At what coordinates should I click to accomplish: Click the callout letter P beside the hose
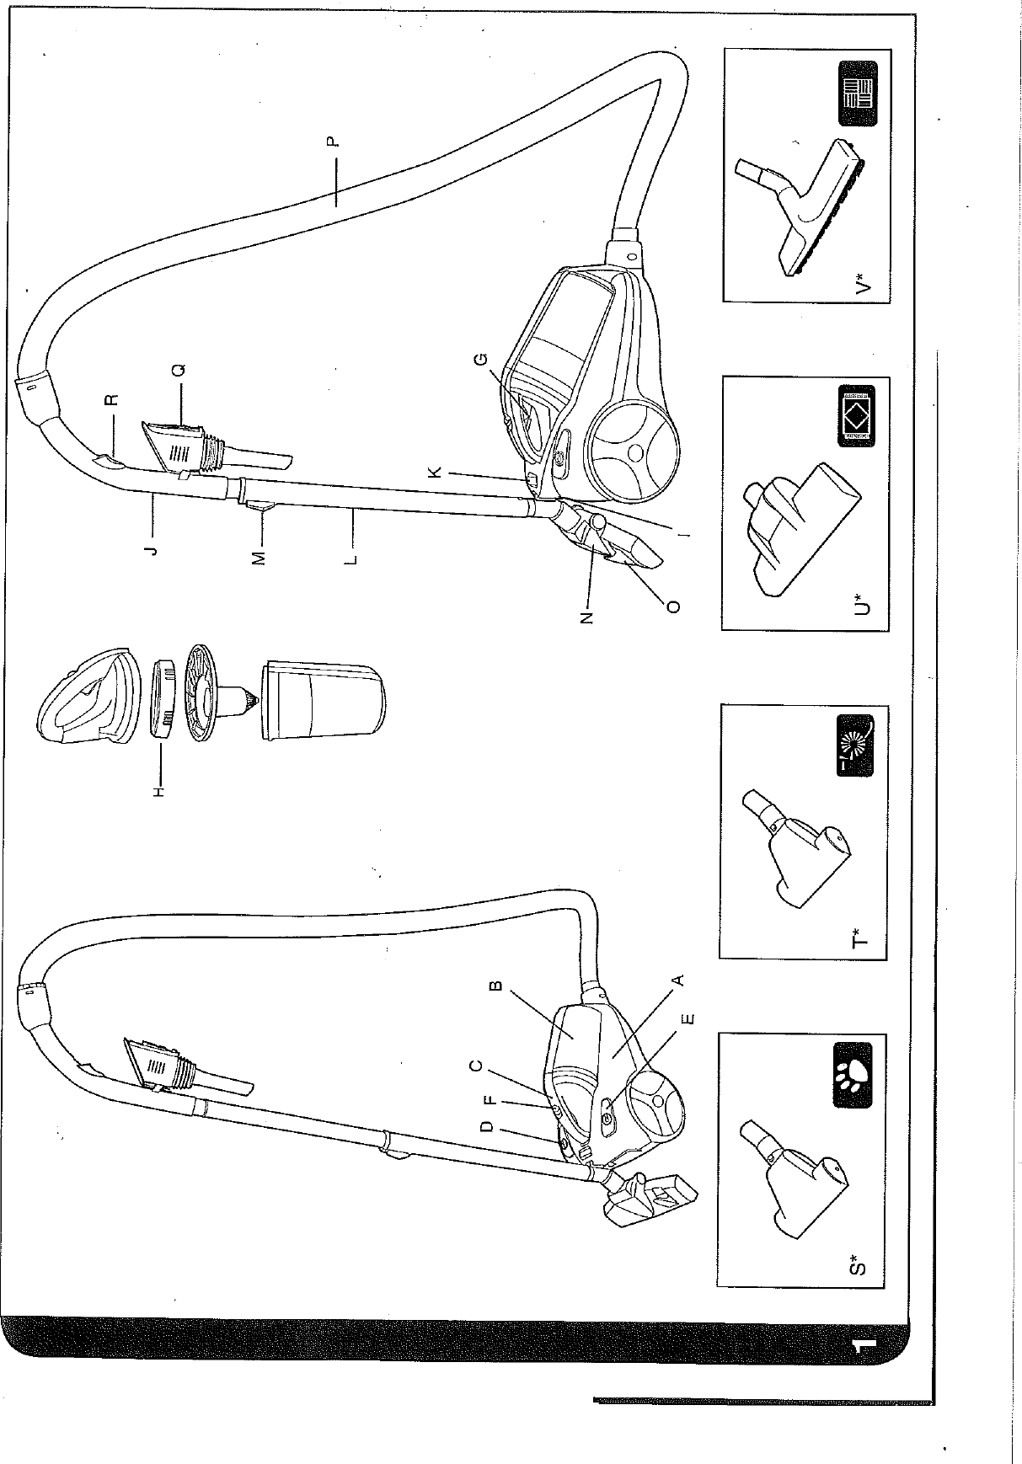(x=334, y=142)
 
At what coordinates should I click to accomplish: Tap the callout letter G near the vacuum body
(x=481, y=361)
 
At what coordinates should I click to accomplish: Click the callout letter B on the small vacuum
(x=496, y=985)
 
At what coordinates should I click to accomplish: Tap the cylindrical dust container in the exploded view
(x=324, y=699)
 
